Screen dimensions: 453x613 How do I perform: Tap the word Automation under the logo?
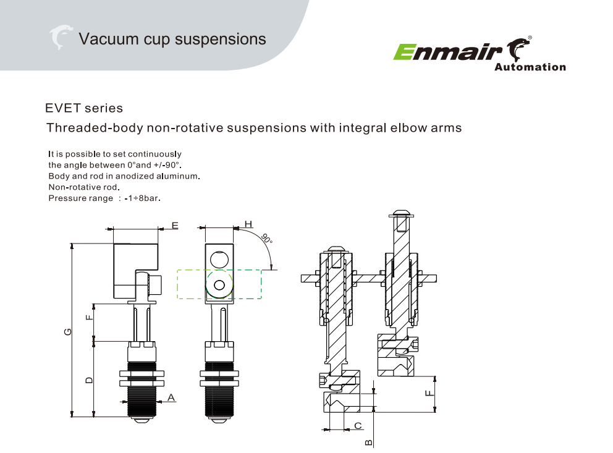[x=530, y=67]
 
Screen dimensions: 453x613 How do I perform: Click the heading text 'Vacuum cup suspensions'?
[x=172, y=39]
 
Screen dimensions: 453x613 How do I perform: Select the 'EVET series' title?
[x=84, y=108]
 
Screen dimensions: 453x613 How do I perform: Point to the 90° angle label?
[x=266, y=240]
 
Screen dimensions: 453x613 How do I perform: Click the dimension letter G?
[x=68, y=332]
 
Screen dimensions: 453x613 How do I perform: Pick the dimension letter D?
[x=90, y=379]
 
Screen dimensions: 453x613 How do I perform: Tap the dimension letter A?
[x=171, y=396]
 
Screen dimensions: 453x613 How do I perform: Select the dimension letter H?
[x=248, y=224]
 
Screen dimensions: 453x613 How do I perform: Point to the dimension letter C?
[x=358, y=426]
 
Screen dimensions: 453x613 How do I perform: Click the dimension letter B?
[x=368, y=442]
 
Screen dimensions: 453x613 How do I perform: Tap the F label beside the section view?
[x=428, y=392]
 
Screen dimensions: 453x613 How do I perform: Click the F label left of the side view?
[x=90, y=318]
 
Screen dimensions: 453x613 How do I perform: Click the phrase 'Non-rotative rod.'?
[x=83, y=187]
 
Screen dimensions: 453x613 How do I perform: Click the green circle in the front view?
[x=219, y=284]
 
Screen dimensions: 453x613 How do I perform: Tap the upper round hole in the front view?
[x=219, y=258]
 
